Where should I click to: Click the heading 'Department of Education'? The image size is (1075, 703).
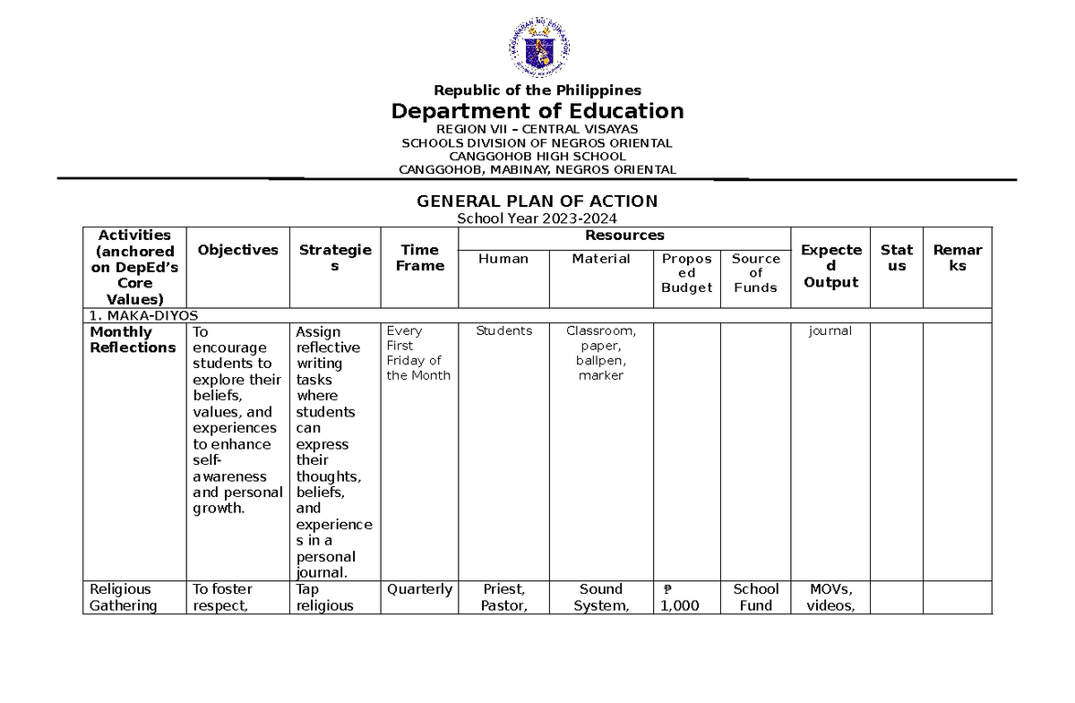pos(537,111)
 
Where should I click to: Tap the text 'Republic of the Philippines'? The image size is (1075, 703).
pos(537,90)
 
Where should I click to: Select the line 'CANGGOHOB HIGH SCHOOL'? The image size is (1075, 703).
pos(537,156)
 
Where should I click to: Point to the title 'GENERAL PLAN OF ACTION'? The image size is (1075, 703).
pos(537,201)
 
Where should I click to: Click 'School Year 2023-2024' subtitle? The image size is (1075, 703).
pos(537,219)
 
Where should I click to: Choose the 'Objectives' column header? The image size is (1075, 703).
pos(237,251)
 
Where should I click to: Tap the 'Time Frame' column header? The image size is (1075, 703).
pos(419,258)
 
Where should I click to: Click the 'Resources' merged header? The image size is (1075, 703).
pos(624,236)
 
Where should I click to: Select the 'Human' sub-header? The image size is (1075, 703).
pos(503,259)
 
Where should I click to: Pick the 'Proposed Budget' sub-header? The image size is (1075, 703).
pos(686,273)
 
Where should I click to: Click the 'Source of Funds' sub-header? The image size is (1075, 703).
pos(755,273)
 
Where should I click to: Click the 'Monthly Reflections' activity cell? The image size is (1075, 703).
pos(133,339)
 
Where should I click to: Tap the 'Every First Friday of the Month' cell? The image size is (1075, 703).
pos(418,353)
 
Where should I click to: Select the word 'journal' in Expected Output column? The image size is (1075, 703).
pos(830,331)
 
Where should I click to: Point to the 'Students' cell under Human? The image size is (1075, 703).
pos(503,331)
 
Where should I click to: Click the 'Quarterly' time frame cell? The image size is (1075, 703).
pos(419,589)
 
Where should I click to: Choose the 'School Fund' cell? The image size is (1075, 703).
pos(755,597)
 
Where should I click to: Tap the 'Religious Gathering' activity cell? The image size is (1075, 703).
pos(123,597)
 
